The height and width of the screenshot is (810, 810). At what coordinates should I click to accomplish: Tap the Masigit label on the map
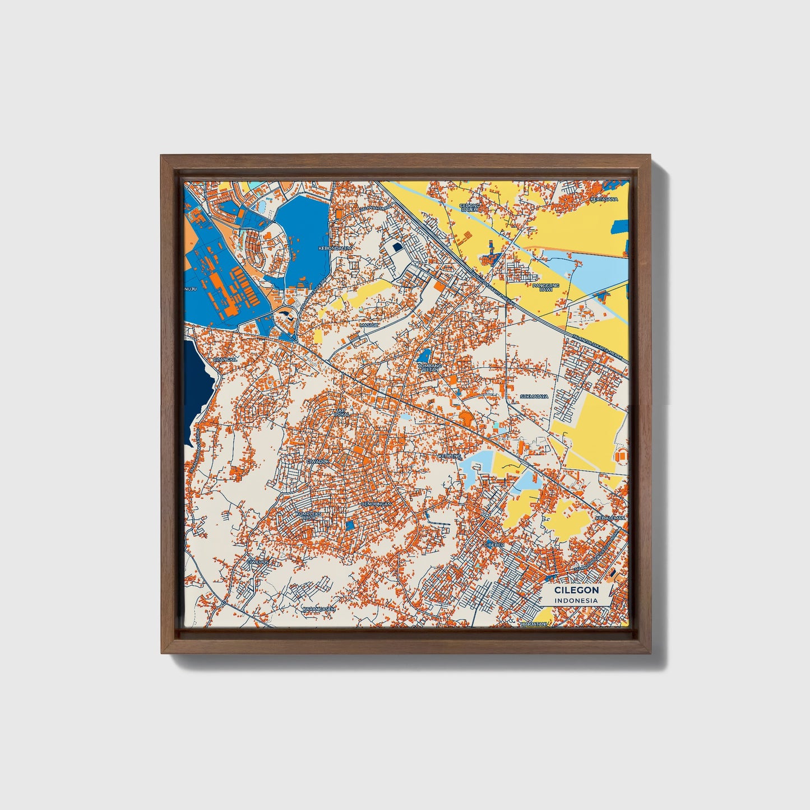click(369, 325)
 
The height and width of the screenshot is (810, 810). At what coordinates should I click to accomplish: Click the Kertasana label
click(603, 199)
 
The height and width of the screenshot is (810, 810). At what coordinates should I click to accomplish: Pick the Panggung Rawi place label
click(546, 287)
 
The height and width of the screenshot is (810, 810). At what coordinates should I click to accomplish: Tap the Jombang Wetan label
click(429, 367)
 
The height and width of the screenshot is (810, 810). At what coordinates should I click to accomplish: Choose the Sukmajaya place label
click(533, 396)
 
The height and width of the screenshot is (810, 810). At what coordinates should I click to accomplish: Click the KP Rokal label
click(342, 413)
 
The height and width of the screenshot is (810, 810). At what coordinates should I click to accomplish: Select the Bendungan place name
click(375, 504)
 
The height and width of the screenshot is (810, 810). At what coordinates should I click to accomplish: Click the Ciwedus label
click(258, 561)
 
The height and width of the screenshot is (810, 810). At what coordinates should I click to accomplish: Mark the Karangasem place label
click(318, 608)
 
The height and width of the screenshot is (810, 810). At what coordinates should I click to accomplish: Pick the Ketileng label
click(450, 456)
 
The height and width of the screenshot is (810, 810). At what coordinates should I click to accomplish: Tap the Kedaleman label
click(610, 518)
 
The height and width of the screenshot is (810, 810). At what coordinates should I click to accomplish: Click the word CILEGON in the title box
click(576, 590)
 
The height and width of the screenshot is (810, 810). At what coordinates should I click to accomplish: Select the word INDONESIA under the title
click(576, 600)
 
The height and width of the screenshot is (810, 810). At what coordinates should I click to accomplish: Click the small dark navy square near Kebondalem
click(397, 246)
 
